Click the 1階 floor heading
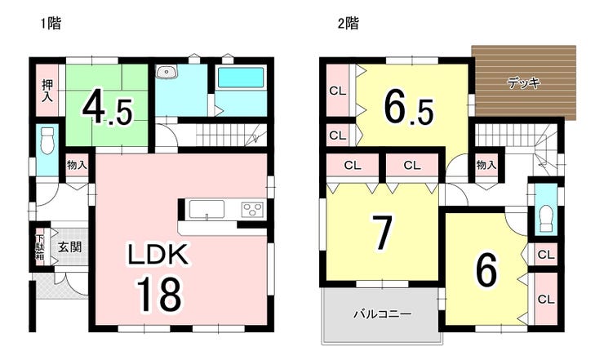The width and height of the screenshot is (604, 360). [x=51, y=24]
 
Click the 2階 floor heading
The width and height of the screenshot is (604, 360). [x=348, y=24]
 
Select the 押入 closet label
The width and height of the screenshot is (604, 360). [x=47, y=91]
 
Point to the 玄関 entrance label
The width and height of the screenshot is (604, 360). [x=70, y=247]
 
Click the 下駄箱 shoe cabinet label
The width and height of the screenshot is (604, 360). [x=40, y=247]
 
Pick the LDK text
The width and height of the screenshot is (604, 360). [x=158, y=255]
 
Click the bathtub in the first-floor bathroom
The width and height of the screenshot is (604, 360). [x=241, y=78]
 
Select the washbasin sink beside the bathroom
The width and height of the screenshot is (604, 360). [x=167, y=71]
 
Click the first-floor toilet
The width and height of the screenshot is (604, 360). [x=47, y=140]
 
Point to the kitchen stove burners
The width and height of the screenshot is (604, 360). [x=253, y=210]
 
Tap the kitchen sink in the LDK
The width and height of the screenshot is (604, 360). [x=207, y=210]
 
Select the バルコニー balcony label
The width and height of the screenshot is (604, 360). [x=383, y=314]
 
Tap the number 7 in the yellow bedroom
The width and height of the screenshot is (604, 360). [x=381, y=232]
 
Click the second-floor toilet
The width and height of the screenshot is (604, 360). [x=546, y=218]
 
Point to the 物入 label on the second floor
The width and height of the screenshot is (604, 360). [x=486, y=165]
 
